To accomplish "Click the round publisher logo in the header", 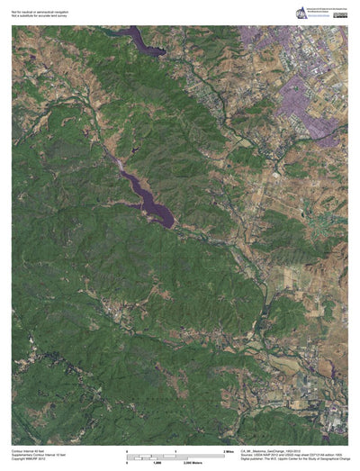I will (299, 12).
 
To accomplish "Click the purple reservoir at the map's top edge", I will (144, 41).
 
